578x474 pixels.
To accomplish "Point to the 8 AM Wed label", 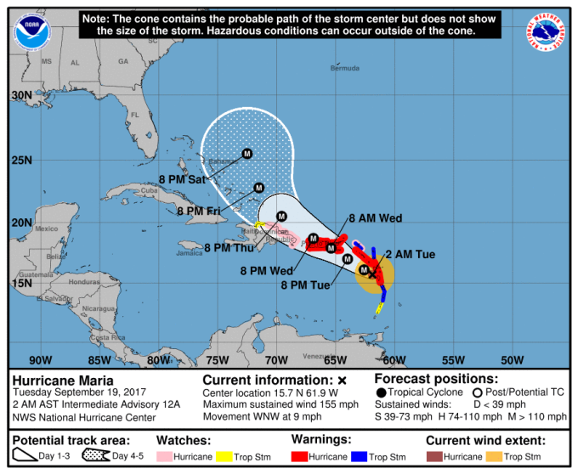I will tap(375, 218).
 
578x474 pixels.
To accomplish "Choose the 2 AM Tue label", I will tap(411, 254).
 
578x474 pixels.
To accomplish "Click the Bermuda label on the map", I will tap(343, 68).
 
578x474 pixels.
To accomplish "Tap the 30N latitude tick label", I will tap(21, 96).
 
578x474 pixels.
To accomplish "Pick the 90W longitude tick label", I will tap(40, 359).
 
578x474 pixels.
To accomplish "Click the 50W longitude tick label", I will tap(512, 359).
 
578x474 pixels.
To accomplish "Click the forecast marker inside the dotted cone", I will tap(247, 154).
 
